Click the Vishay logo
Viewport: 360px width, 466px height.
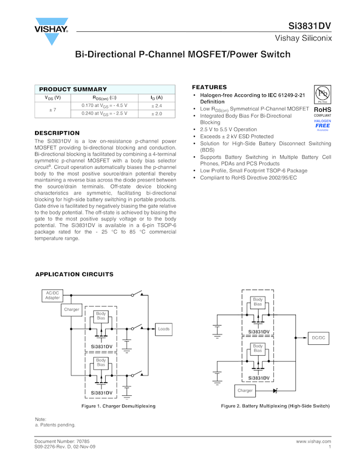[x=52, y=31]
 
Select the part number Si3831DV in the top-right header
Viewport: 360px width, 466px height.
[x=310, y=26]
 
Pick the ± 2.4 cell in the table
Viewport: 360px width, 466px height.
[x=157, y=105]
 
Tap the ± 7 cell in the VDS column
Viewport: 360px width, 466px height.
[x=53, y=110]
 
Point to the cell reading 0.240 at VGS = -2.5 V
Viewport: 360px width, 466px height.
[x=104, y=113]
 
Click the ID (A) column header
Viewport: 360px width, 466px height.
[x=157, y=98]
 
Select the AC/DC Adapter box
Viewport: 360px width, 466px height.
[x=53, y=295]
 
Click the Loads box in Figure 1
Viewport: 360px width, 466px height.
[x=164, y=329]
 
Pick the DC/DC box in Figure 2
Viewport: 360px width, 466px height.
[x=318, y=338]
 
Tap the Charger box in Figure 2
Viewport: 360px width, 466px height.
[x=245, y=391]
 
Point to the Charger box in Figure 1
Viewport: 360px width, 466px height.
[x=72, y=310]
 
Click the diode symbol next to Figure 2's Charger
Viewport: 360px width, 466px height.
[x=275, y=391]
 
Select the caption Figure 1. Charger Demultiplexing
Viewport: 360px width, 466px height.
[x=118, y=406]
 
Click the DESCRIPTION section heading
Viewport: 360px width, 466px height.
[x=57, y=133]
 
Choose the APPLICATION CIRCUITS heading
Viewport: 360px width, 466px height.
[x=74, y=274]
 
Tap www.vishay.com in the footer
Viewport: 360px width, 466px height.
[x=313, y=441]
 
